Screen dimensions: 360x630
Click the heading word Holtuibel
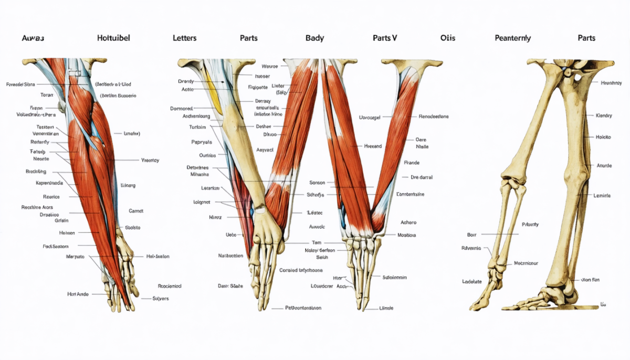(x=113, y=38)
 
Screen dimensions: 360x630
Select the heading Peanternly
(x=512, y=38)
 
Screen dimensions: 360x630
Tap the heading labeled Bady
(x=314, y=38)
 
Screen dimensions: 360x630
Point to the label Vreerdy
(x=150, y=160)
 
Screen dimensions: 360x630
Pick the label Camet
(x=136, y=210)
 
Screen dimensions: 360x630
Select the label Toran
(x=47, y=95)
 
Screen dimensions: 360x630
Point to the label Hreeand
(x=373, y=146)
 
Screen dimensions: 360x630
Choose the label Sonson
(x=317, y=183)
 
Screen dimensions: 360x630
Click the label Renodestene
(x=434, y=116)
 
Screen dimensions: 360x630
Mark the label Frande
(x=412, y=163)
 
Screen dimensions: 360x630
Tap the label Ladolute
(x=471, y=281)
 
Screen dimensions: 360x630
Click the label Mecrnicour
(x=529, y=263)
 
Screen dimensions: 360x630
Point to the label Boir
(x=471, y=234)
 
